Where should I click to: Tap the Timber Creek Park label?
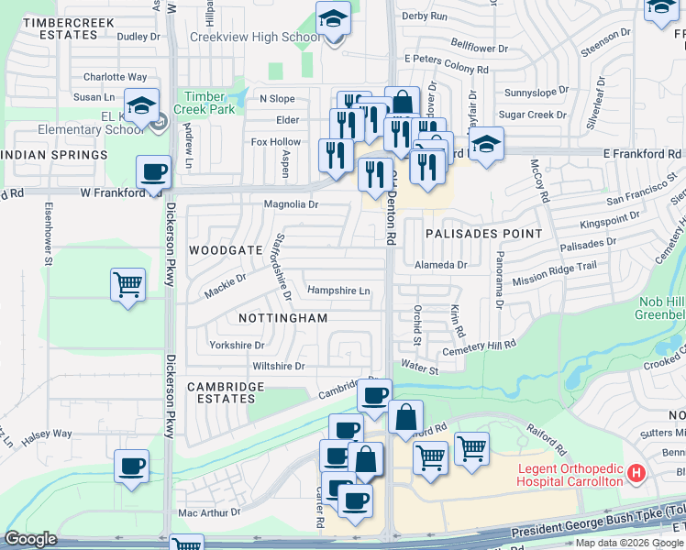click(210, 103)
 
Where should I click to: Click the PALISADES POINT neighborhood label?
click(483, 234)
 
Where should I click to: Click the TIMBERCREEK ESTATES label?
click(61, 27)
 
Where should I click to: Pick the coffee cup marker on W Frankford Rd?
click(153, 171)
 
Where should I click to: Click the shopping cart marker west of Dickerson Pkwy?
click(127, 284)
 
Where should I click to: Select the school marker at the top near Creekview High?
click(333, 17)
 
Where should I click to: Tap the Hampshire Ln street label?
click(338, 291)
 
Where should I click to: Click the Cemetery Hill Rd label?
click(479, 346)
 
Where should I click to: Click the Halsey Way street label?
click(47, 434)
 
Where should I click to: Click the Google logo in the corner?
click(31, 539)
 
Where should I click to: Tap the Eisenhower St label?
click(48, 234)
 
